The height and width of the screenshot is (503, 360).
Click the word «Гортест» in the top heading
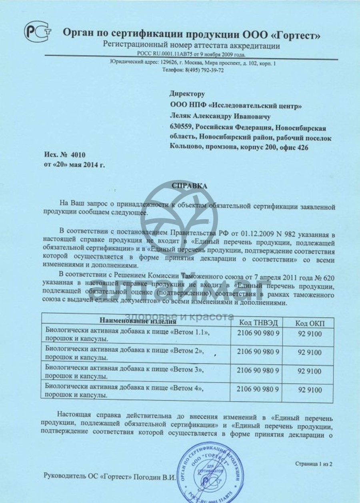[294, 34]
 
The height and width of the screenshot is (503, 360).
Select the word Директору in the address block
[187, 94]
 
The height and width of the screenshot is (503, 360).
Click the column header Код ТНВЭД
[258, 323]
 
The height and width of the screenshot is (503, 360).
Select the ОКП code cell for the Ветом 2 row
[309, 352]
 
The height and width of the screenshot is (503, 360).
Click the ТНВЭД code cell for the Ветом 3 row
[258, 371]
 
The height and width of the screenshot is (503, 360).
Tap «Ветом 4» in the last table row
[184, 388]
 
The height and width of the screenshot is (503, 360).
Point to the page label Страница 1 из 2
[314, 464]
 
